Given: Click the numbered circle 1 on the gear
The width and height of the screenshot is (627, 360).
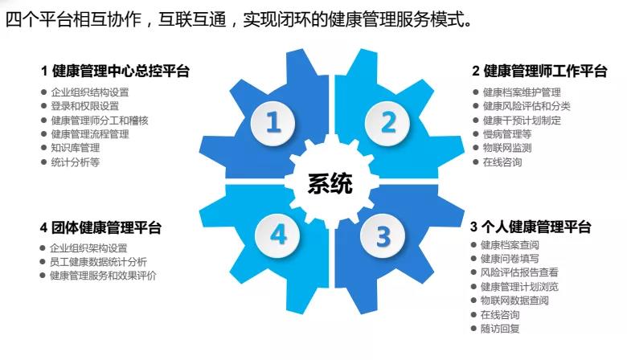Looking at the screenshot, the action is pos(273,122).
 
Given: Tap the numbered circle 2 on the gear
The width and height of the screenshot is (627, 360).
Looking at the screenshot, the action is pos(388,122).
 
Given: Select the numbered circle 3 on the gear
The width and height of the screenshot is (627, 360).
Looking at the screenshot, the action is pos(383,236).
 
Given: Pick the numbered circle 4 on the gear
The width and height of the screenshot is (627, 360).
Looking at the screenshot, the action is pos(278,235).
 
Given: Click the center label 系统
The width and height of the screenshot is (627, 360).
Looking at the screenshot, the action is pos(330,183).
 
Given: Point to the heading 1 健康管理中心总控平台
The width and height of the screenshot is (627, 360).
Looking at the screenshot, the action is pos(115,72).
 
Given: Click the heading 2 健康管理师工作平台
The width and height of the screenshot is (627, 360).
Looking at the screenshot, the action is pos(539,72).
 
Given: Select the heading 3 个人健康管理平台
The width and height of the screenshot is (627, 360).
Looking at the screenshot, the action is pos(531,227).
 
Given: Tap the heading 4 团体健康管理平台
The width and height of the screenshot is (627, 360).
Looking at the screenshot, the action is pos(100,227).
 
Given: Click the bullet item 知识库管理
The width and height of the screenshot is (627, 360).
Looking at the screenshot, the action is pos(76,148).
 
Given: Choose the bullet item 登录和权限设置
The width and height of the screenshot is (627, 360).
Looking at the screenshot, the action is pos(84,106).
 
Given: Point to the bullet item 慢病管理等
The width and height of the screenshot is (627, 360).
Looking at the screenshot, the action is pos(507,134).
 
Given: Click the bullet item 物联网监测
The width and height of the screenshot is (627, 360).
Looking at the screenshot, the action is pos(507,148).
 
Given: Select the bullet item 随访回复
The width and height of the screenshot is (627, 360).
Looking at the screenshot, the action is pos(500,329).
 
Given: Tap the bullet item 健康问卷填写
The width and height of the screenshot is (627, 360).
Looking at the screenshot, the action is pos(510,259).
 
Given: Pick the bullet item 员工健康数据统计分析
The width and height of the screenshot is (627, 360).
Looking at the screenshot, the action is pos(98,262).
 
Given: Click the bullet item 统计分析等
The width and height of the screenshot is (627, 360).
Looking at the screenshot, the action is pos(76,162).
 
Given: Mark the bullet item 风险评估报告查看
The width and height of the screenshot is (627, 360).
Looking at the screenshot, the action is pos(519,272).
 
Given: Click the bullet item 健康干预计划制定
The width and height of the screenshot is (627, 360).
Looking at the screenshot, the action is pos(522,121).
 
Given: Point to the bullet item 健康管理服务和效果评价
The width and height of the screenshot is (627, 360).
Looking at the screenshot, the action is pos(103,276).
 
